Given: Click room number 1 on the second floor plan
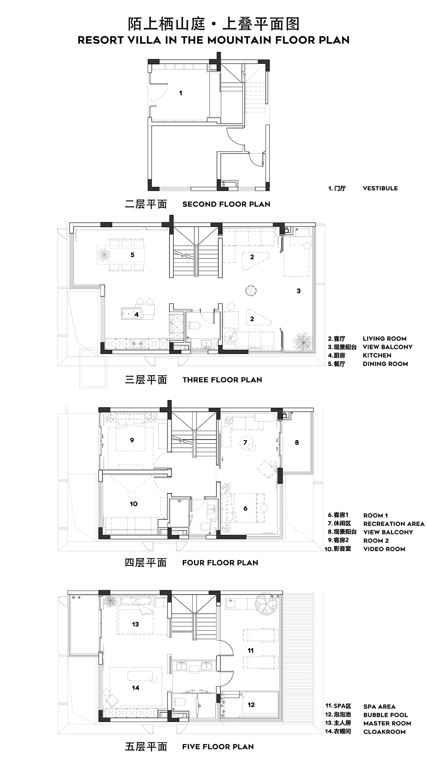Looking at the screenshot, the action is (181, 93).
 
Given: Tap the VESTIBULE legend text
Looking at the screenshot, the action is (380, 188).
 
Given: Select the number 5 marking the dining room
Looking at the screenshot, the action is (132, 255).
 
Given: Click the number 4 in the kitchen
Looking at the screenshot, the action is (137, 315).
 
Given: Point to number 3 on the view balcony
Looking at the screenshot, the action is (298, 291).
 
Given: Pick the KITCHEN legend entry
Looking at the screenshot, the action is (377, 355).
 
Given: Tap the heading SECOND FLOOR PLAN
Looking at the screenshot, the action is (226, 204).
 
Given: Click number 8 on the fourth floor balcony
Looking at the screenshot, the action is (297, 443).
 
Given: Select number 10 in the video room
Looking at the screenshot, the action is (134, 504).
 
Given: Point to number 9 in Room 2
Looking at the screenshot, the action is (132, 440).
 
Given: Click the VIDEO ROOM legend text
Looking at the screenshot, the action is (384, 549).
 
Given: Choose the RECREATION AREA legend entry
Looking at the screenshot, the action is (394, 524).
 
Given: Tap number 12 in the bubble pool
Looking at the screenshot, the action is (251, 705).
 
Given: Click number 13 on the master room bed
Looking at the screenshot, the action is (135, 624).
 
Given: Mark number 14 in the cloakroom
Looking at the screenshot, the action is (135, 688).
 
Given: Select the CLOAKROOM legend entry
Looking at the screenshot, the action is (384, 732).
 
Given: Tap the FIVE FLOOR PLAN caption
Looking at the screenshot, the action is (218, 747).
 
